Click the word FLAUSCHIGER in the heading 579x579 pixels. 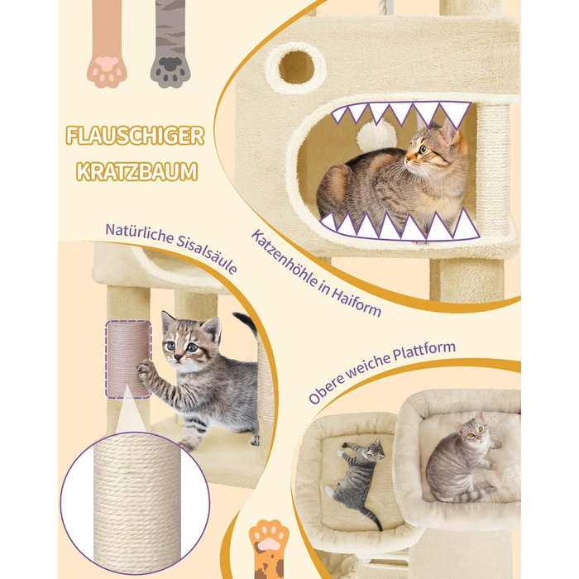coord(135,136)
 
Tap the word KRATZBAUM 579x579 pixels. coord(137,172)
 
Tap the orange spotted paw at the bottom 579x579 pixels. coord(269,549)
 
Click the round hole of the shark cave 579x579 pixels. coord(296,67)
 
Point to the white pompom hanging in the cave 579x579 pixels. coord(376,136)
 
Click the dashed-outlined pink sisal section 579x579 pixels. coord(128,359)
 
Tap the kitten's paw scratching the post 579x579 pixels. coord(145,371)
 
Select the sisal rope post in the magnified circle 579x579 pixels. coord(137,503)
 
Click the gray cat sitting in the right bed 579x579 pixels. coord(465,461)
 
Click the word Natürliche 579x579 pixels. coord(139,234)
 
